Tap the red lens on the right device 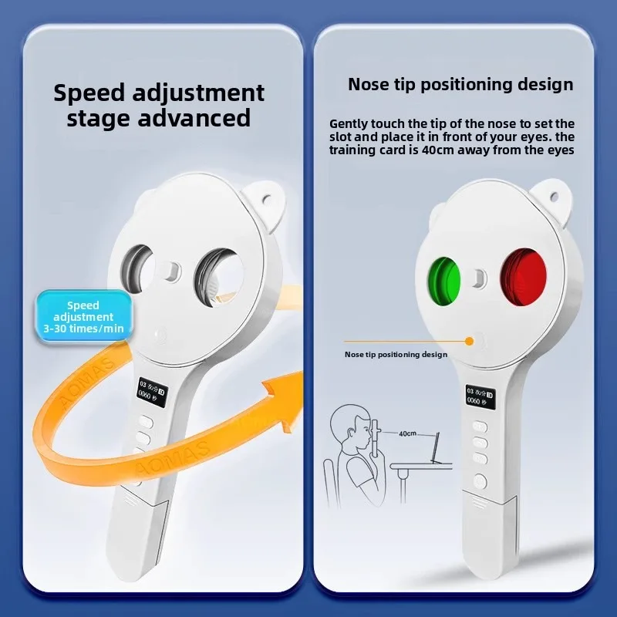(523, 275)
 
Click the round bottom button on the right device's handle (480, 482)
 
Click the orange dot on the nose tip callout (470, 339)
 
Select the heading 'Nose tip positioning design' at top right (460, 84)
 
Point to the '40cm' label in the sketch (407, 433)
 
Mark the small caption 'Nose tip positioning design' (396, 355)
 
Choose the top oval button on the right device (480, 427)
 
